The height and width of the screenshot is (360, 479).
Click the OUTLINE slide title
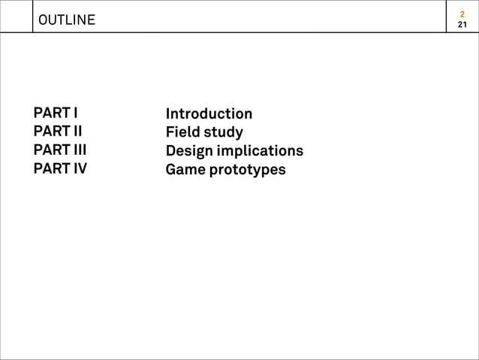[67, 20]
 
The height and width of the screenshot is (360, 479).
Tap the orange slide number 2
[462, 14]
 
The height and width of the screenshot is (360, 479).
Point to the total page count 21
[462, 26]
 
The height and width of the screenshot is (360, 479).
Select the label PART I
[56, 113]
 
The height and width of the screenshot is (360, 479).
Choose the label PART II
[58, 132]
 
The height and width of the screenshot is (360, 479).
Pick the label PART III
[59, 150]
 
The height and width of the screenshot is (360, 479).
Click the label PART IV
[60, 168]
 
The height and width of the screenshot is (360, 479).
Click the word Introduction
[209, 114]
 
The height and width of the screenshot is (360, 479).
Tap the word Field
[182, 132]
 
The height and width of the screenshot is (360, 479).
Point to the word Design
[188, 151]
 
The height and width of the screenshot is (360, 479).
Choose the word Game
[185, 169]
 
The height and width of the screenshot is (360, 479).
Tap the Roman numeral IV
[79, 168]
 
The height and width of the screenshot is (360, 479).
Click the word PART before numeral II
[50, 132]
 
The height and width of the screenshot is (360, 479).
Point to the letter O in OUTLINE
[43, 20]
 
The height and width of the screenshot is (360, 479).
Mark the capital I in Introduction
[168, 114]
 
